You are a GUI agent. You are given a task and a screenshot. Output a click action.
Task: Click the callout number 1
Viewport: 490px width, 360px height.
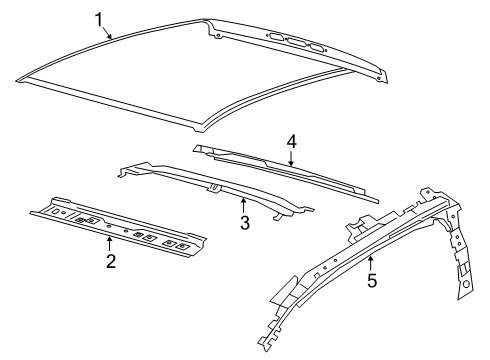click(x=99, y=19)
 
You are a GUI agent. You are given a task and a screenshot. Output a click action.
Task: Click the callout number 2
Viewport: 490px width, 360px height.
click(x=111, y=262)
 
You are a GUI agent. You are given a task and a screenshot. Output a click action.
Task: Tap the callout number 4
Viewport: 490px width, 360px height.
click(x=291, y=141)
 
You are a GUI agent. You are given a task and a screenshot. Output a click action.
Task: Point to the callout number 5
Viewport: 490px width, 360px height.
click(x=370, y=281)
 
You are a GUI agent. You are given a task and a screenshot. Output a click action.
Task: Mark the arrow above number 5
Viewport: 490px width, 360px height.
click(x=369, y=262)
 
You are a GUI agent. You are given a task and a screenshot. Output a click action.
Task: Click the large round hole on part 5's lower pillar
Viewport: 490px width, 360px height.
click(x=465, y=288)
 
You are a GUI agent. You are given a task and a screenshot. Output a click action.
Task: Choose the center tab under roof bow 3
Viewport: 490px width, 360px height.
click(x=213, y=187)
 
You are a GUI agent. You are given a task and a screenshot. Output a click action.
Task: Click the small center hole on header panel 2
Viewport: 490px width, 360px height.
click(x=125, y=228)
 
